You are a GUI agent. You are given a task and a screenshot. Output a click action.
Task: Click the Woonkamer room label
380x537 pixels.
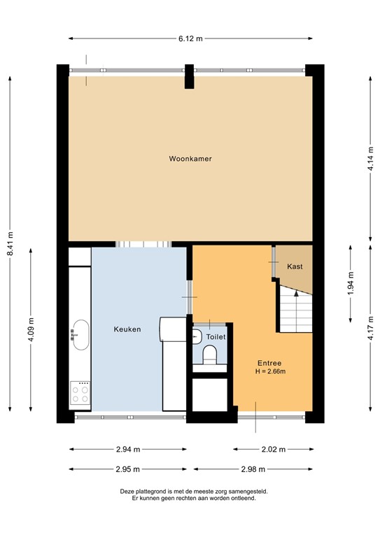point(190,159)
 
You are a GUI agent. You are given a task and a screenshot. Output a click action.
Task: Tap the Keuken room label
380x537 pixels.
point(127,329)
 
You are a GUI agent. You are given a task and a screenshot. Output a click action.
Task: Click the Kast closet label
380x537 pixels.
point(295,266)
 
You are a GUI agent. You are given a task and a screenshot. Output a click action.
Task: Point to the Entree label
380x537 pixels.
point(269,363)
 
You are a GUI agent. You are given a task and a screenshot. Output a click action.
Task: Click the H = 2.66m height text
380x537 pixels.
point(270,371)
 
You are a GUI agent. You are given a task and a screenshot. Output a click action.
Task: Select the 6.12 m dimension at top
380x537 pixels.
point(190,39)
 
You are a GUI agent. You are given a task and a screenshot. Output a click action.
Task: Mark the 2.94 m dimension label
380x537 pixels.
point(127,450)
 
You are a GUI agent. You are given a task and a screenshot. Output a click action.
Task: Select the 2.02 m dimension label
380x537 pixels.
point(270,450)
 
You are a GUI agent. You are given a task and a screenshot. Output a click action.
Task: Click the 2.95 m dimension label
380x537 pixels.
point(127,468)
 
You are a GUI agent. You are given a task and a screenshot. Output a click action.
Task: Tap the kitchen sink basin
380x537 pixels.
point(80,335)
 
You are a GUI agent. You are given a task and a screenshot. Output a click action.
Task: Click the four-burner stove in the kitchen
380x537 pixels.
point(80,394)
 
